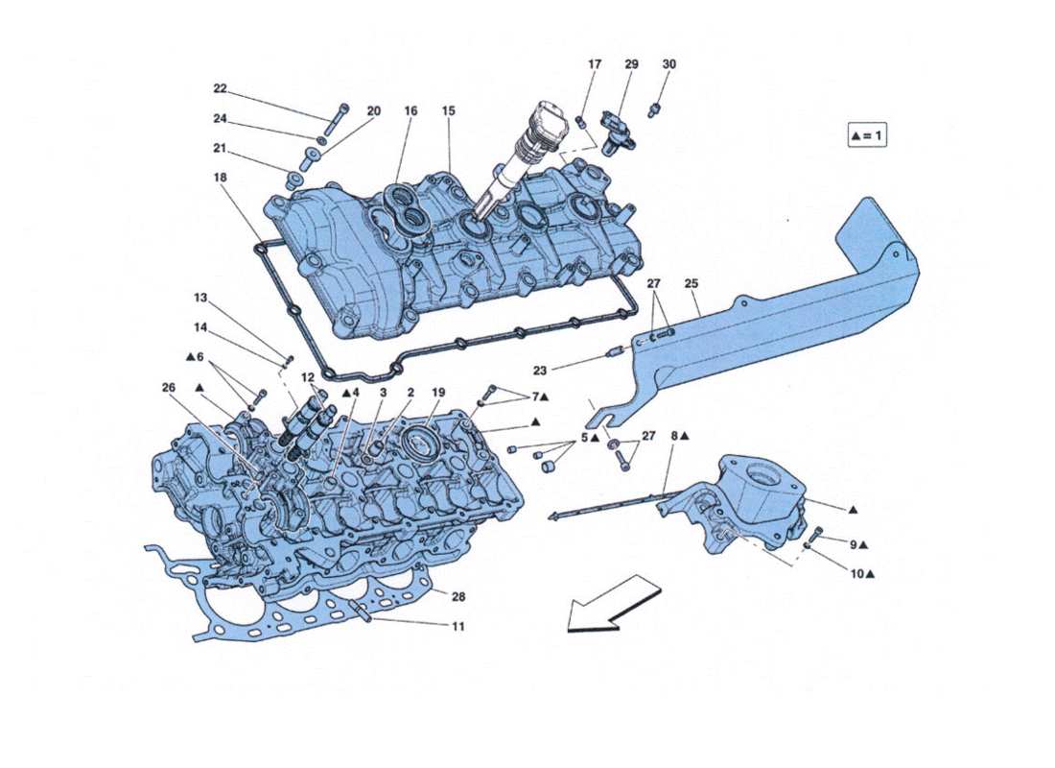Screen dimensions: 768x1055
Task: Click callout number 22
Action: [x=220, y=88]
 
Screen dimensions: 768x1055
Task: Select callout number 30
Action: [x=668, y=64]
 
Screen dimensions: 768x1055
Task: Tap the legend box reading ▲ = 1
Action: [x=866, y=135]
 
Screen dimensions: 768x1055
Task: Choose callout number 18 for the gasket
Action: [x=220, y=178]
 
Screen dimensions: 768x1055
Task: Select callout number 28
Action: [x=457, y=597]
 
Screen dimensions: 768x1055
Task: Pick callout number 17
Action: [x=594, y=64]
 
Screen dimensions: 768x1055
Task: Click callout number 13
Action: [x=199, y=297]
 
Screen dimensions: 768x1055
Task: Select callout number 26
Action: [x=169, y=388]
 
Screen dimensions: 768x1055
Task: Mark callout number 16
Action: [x=410, y=111]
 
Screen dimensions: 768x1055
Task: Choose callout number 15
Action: [x=448, y=111]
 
